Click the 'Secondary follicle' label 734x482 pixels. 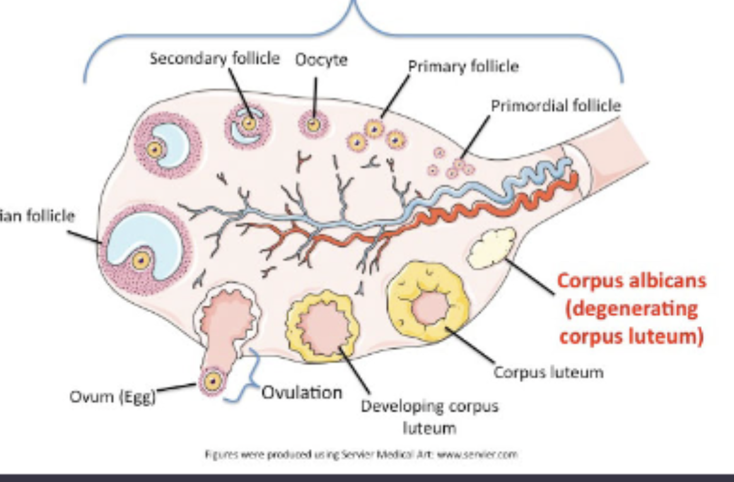(214, 59)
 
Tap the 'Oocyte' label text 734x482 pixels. (321, 61)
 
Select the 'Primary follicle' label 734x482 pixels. (463, 66)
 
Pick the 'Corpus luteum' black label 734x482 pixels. (548, 372)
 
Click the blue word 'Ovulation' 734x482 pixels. (301, 392)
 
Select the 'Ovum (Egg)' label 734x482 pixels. (114, 398)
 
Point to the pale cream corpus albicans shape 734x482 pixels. (492, 247)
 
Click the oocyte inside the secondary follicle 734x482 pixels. (250, 123)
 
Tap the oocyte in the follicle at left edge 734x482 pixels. (142, 259)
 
